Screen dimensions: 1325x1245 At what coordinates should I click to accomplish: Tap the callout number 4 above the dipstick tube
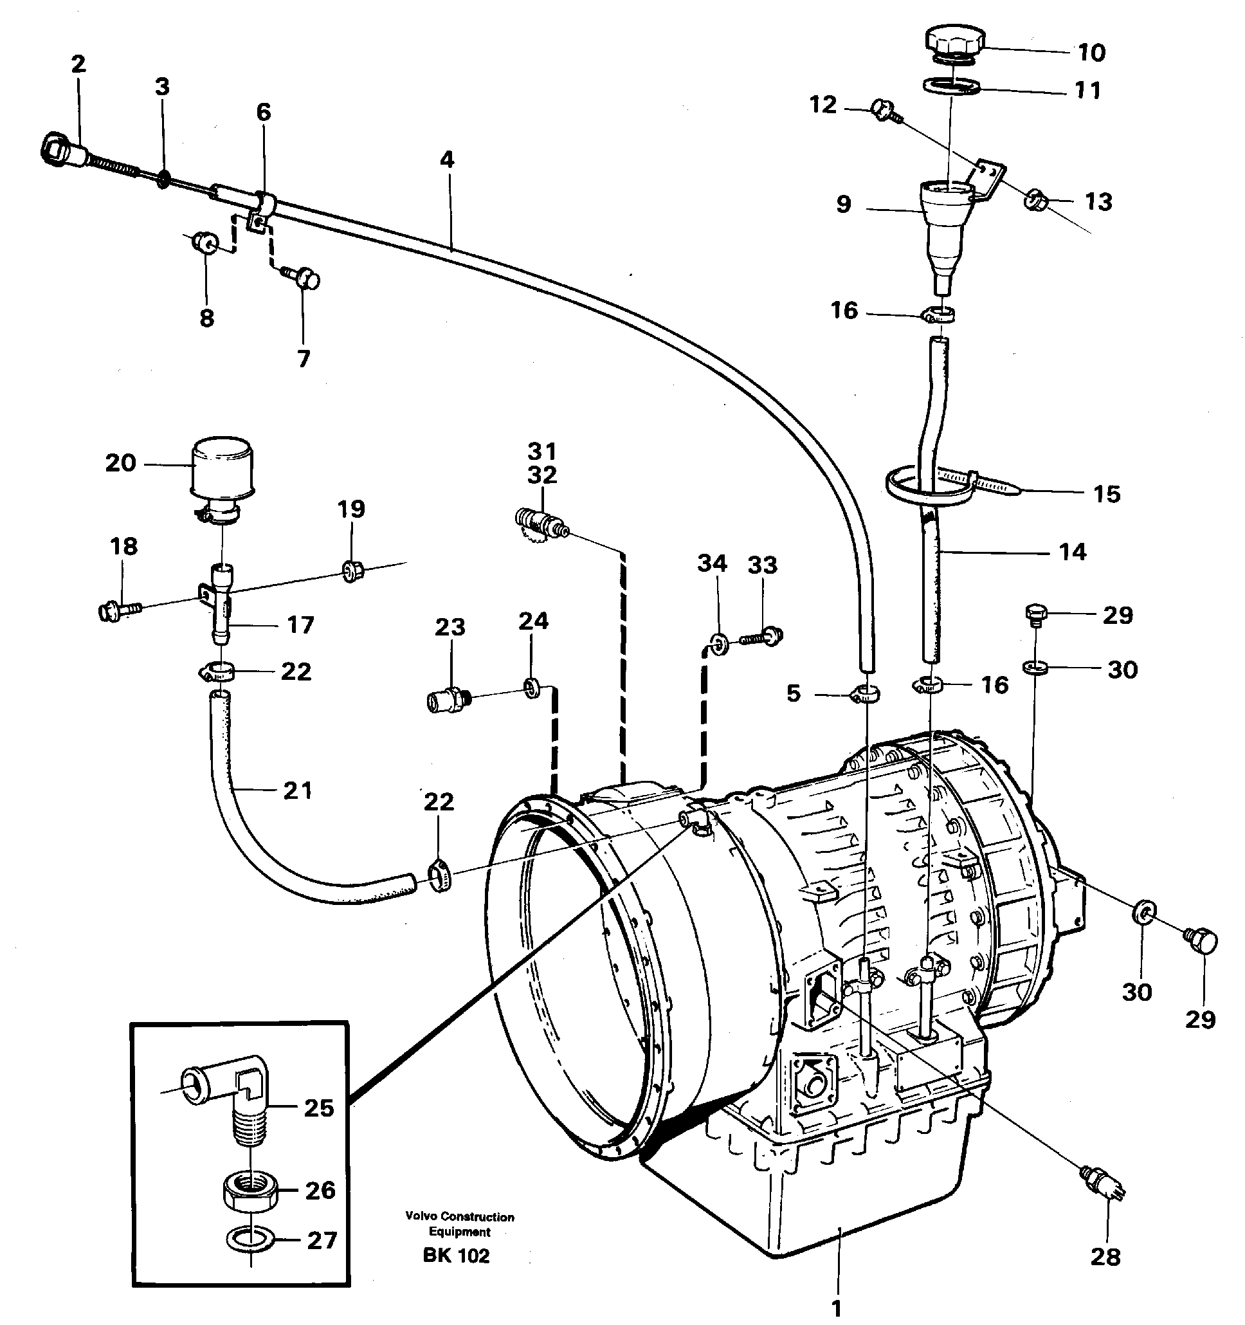(447, 160)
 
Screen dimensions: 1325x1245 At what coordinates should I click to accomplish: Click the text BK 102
(456, 1256)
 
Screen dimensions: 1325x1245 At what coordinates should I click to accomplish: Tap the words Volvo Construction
(459, 1217)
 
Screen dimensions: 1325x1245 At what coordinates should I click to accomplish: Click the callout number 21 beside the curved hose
(297, 790)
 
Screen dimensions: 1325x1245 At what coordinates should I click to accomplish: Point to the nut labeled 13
(1035, 199)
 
